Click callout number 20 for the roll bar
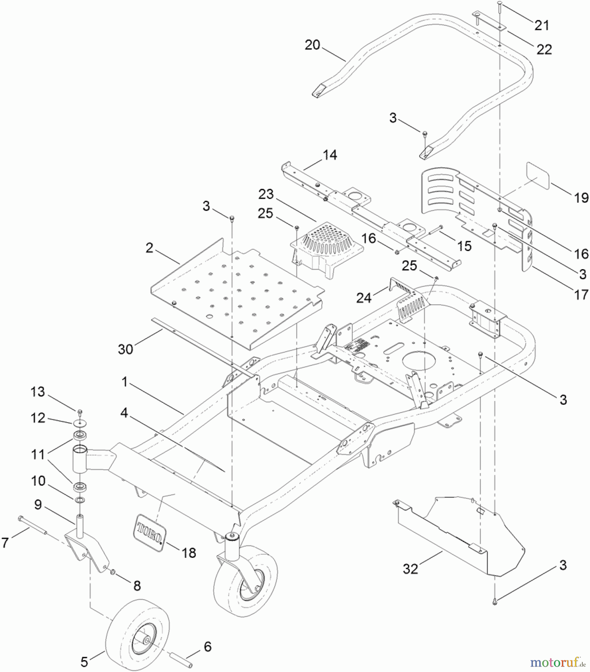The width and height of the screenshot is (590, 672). [312, 45]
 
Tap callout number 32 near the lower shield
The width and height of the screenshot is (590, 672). [410, 569]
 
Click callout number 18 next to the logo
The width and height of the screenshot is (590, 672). [189, 553]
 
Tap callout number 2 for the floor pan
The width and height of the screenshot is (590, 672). [149, 248]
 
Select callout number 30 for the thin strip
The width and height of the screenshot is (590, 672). [126, 349]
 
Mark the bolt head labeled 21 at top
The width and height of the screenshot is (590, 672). [500, 3]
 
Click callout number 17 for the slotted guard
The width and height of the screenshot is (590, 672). [581, 295]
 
